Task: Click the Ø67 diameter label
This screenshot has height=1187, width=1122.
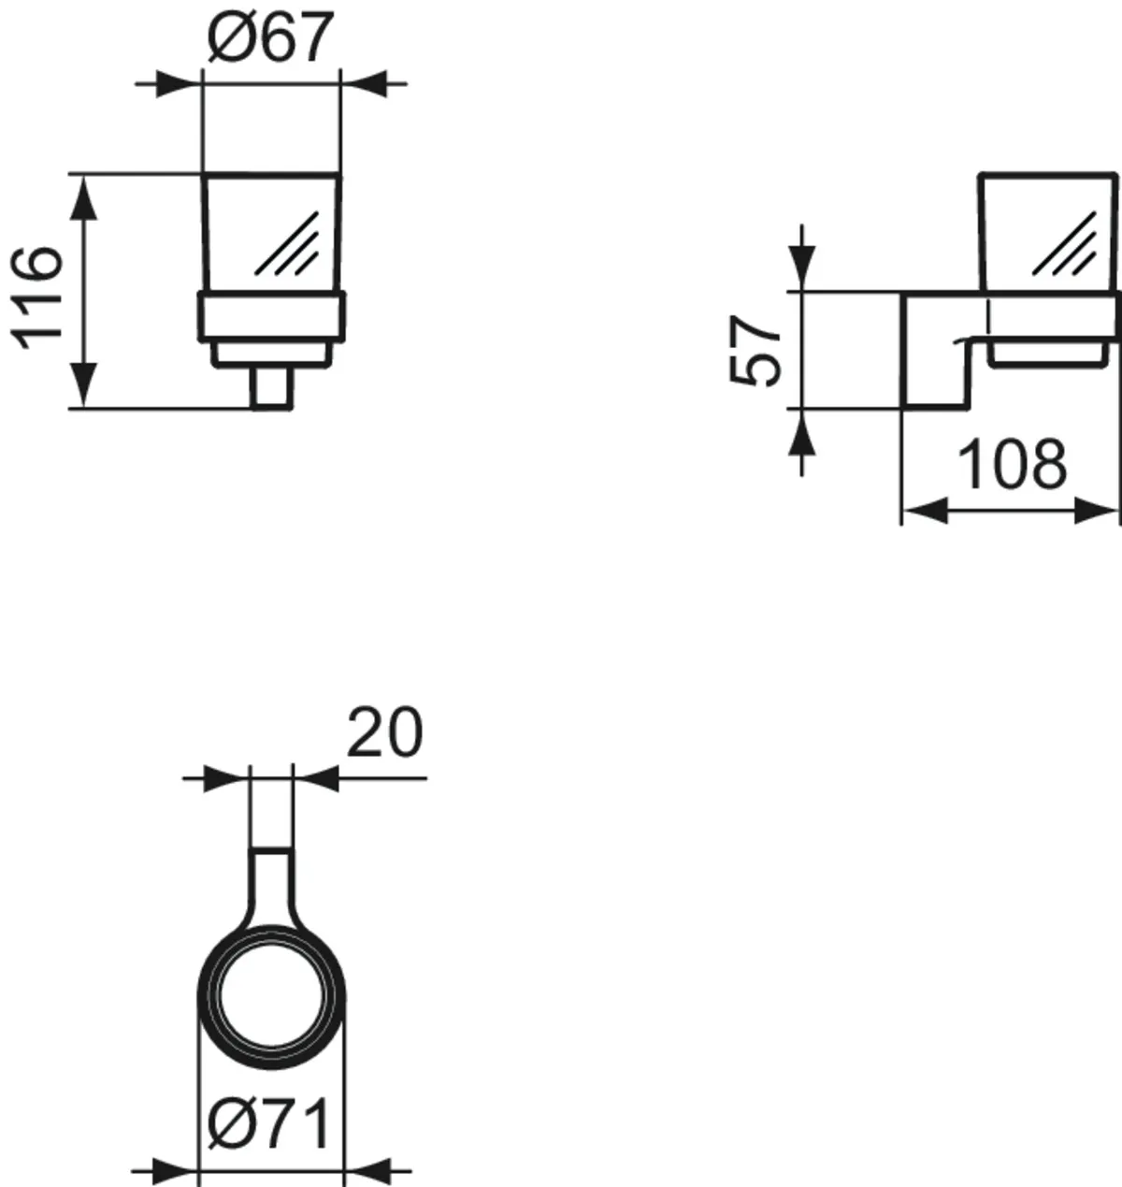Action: point(269,36)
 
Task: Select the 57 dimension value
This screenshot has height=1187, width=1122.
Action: point(754,350)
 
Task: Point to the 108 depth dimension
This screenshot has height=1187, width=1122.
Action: point(1013,464)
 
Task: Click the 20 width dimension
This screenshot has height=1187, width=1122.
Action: point(384,731)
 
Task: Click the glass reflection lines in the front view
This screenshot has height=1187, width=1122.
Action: point(287,244)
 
